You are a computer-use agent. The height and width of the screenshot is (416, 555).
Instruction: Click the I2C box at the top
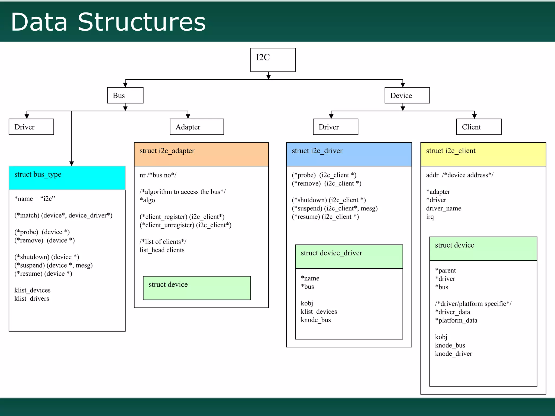(273, 60)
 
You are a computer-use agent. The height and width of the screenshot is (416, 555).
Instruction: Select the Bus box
(125, 95)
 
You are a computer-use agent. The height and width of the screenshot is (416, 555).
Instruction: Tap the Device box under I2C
(407, 95)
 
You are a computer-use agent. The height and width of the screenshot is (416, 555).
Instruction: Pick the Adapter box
(196, 127)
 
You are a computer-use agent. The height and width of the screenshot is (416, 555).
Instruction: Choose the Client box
(479, 127)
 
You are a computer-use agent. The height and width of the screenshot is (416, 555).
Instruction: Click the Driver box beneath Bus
(31, 127)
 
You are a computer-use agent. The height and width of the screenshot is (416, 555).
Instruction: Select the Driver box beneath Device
(335, 127)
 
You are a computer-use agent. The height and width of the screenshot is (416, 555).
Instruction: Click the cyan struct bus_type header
(67, 178)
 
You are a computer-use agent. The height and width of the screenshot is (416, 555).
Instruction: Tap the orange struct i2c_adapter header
(201, 154)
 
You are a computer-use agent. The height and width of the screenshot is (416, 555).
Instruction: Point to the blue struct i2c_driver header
(349, 154)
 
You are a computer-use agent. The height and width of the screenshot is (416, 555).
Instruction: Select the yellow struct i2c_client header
(483, 154)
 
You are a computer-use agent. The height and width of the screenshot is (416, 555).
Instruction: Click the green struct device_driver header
(349, 256)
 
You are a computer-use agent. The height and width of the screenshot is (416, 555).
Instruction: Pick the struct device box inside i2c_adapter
(196, 288)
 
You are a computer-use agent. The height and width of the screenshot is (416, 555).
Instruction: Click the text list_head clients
(162, 250)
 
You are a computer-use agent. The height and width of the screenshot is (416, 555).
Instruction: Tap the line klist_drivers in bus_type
(32, 298)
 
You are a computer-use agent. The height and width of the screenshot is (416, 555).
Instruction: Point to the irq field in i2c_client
(430, 217)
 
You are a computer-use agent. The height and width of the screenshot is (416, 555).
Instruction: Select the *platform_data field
(456, 320)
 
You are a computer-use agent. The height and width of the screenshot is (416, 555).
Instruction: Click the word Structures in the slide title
(141, 22)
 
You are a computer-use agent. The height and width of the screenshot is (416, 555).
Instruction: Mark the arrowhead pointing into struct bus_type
(72, 164)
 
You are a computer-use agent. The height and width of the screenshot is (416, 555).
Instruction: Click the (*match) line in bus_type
(63, 215)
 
